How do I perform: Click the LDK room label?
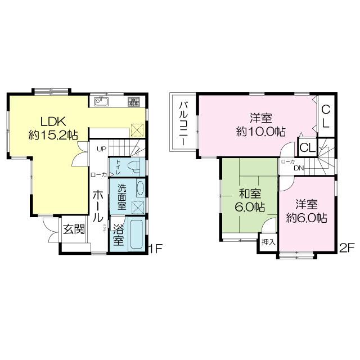(53, 121)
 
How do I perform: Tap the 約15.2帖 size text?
(53, 135)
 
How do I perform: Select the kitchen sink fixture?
(102, 102)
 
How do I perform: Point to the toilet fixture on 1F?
(132, 167)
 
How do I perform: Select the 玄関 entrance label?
(74, 229)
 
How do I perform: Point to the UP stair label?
(101, 148)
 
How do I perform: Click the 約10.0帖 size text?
(261, 132)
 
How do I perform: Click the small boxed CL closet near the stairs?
(307, 148)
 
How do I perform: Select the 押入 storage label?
(268, 242)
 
